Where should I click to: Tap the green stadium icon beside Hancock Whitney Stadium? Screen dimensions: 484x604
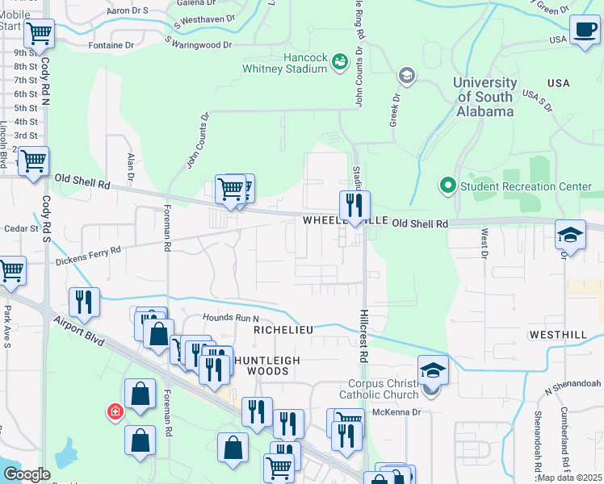coord(339,61)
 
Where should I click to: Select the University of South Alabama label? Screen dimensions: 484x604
coord(484,97)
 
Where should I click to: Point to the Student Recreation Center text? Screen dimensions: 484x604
coord(526,186)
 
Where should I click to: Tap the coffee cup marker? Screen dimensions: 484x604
coord(584,31)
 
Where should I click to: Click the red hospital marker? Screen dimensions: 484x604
coord(115,412)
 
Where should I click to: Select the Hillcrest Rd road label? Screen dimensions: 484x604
coord(363,333)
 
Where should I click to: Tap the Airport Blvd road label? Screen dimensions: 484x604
coord(80,331)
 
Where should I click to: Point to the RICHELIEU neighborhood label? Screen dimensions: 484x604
coord(283,330)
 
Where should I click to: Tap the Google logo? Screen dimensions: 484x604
coord(27,474)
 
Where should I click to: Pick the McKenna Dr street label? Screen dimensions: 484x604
coord(396,411)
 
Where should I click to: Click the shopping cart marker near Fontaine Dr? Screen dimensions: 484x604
coord(39,34)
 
